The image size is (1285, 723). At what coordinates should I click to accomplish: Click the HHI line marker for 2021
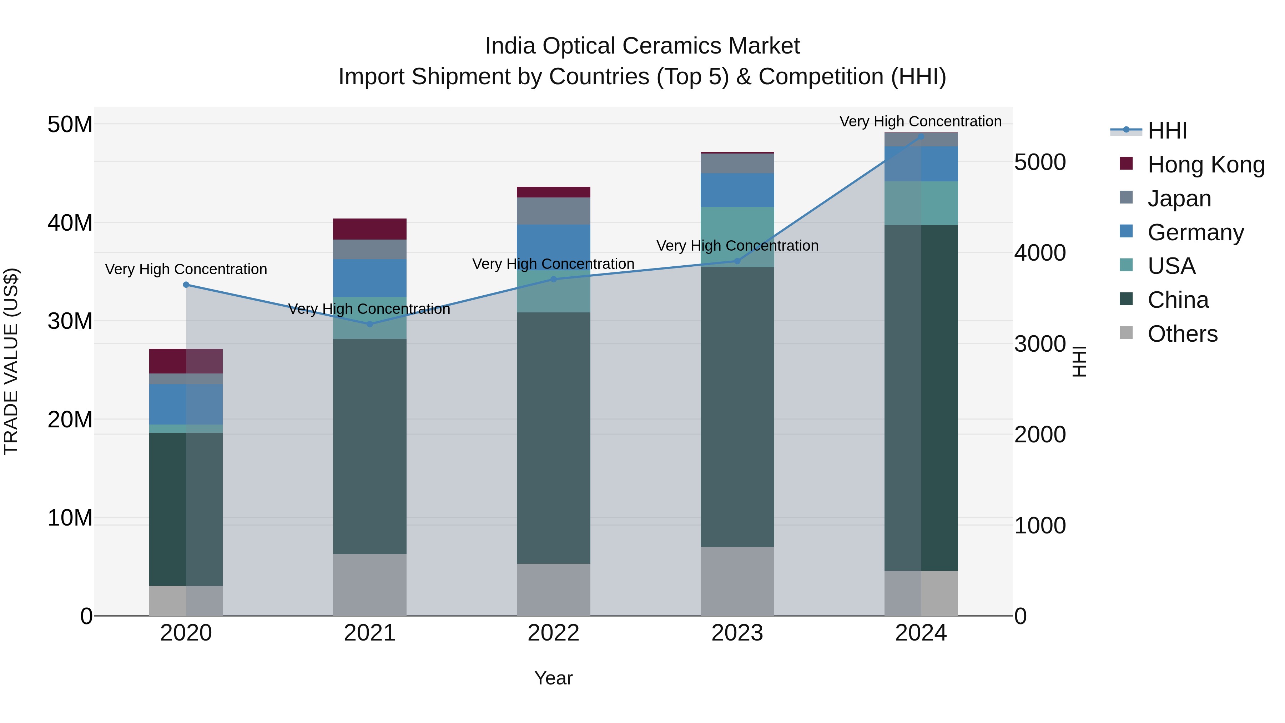pyautogui.click(x=370, y=324)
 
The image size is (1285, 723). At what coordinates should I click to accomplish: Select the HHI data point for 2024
pyautogui.click(x=921, y=137)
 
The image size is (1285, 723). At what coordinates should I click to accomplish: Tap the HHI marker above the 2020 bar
pyautogui.click(x=186, y=285)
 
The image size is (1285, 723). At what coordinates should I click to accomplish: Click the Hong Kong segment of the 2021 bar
pyautogui.click(x=370, y=229)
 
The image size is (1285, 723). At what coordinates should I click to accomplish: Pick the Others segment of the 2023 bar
pyautogui.click(x=737, y=581)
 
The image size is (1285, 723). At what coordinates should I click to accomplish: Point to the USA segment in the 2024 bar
pyautogui.click(x=921, y=203)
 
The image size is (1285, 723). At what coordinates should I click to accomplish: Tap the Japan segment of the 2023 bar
pyautogui.click(x=737, y=163)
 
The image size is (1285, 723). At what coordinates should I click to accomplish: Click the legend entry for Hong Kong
pyautogui.click(x=1206, y=165)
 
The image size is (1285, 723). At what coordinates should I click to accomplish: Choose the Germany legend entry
pyautogui.click(x=1195, y=232)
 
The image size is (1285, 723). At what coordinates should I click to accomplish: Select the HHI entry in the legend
pyautogui.click(x=1167, y=131)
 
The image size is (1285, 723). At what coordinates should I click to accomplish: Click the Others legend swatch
pyautogui.click(x=1127, y=333)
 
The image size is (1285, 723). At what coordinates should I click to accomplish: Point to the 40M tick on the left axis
pyautogui.click(x=70, y=222)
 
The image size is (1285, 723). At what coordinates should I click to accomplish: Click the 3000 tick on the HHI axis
pyautogui.click(x=1040, y=344)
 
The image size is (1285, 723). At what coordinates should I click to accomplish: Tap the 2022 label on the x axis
pyautogui.click(x=553, y=633)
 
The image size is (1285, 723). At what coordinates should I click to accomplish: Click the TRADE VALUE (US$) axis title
pyautogui.click(x=11, y=361)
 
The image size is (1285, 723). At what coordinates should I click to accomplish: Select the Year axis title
pyautogui.click(x=553, y=678)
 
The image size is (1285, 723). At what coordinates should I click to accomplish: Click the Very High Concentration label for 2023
pyautogui.click(x=737, y=246)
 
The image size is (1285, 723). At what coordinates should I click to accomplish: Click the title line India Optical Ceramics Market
pyautogui.click(x=642, y=46)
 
